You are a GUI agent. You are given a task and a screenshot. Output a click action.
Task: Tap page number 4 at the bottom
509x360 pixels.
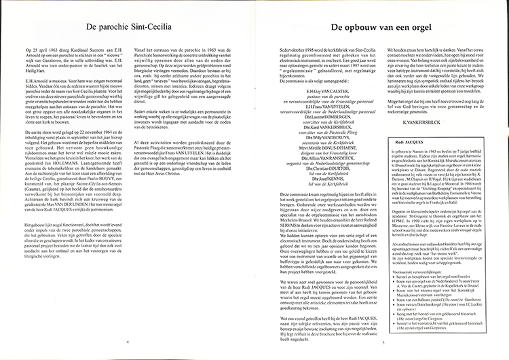point(128,342)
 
